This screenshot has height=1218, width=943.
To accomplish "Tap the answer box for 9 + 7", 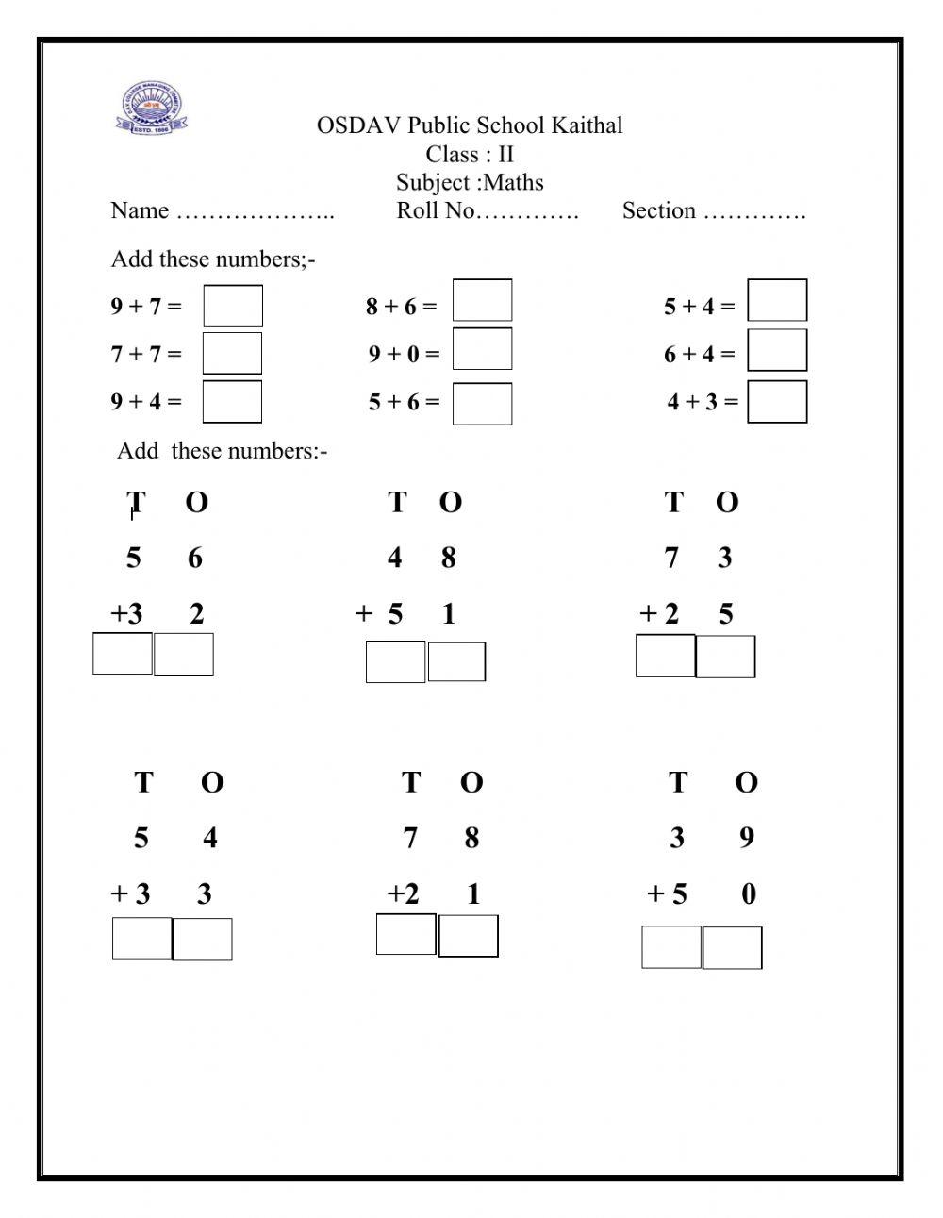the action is pyautogui.click(x=233, y=306).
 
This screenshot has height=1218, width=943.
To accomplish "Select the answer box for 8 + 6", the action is pyautogui.click(x=482, y=300).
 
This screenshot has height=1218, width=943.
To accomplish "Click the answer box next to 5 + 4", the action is pyautogui.click(x=777, y=300).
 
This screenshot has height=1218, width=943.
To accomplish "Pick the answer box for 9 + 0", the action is pyautogui.click(x=482, y=348).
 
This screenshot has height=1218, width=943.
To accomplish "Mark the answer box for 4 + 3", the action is pyautogui.click(x=777, y=401).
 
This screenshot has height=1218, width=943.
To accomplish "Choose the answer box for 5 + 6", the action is pyautogui.click(x=482, y=403).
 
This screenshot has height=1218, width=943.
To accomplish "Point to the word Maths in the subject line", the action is pyautogui.click(x=513, y=182).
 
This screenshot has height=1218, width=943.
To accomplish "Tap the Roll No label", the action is pyautogui.click(x=437, y=210).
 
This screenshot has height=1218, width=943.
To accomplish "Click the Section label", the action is pyautogui.click(x=659, y=210).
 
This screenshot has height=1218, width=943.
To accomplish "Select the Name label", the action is pyautogui.click(x=140, y=210).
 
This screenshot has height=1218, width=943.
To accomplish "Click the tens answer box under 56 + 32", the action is pyautogui.click(x=123, y=653).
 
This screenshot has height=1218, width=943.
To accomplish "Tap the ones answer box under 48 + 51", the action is pyautogui.click(x=456, y=661).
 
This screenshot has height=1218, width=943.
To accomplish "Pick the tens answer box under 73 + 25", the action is pyautogui.click(x=666, y=656).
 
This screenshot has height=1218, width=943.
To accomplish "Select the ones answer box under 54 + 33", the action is pyautogui.click(x=202, y=939).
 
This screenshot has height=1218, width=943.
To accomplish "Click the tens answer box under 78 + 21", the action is pyautogui.click(x=406, y=934).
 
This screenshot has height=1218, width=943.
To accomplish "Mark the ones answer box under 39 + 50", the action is pyautogui.click(x=732, y=947).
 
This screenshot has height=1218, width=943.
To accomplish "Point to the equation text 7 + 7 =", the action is pyautogui.click(x=146, y=354).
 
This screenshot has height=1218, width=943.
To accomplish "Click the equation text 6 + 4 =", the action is pyautogui.click(x=699, y=354).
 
